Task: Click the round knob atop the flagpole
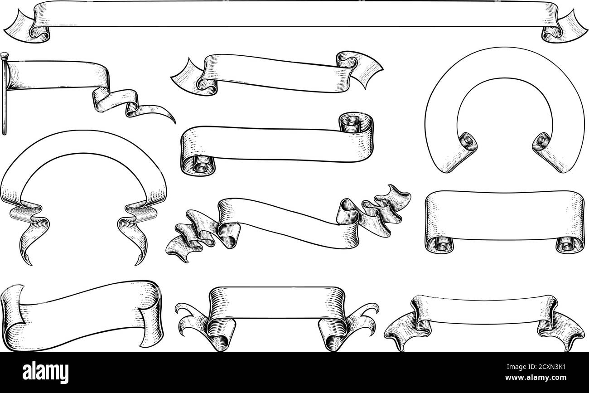click(x=5, y=55)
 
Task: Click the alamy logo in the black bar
click(x=45, y=372)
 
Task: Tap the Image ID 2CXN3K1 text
click(x=536, y=367)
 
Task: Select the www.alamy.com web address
click(x=536, y=378)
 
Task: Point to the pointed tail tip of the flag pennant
click(x=174, y=124)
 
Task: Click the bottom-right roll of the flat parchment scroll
click(x=570, y=245)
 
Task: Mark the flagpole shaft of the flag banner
click(x=4, y=97)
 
